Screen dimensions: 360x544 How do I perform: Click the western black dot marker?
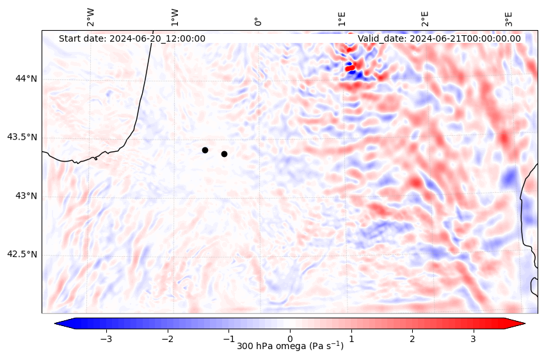click(x=205, y=150)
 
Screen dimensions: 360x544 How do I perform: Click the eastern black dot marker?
click(x=224, y=154)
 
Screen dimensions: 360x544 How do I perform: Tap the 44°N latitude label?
click(x=26, y=79)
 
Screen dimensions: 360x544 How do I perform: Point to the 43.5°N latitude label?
click(x=22, y=137)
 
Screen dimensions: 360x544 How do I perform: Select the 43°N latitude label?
click(x=26, y=195)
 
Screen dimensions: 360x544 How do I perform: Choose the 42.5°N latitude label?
click(x=22, y=254)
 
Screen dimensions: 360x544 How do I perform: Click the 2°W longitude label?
click(x=91, y=17)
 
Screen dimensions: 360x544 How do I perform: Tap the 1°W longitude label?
click(x=175, y=17)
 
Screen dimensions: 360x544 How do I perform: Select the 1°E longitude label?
click(x=342, y=18)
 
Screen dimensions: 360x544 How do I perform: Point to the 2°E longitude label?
click(x=425, y=18)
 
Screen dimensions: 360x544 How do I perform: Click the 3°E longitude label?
click(x=509, y=18)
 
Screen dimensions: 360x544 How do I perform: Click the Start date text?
click(x=132, y=38)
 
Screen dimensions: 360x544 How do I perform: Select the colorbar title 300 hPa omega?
click(x=290, y=347)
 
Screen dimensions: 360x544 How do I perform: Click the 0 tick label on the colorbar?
click(x=290, y=338)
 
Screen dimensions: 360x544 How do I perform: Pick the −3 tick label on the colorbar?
click(x=106, y=338)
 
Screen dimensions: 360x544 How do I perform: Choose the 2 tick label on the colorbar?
click(x=412, y=338)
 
